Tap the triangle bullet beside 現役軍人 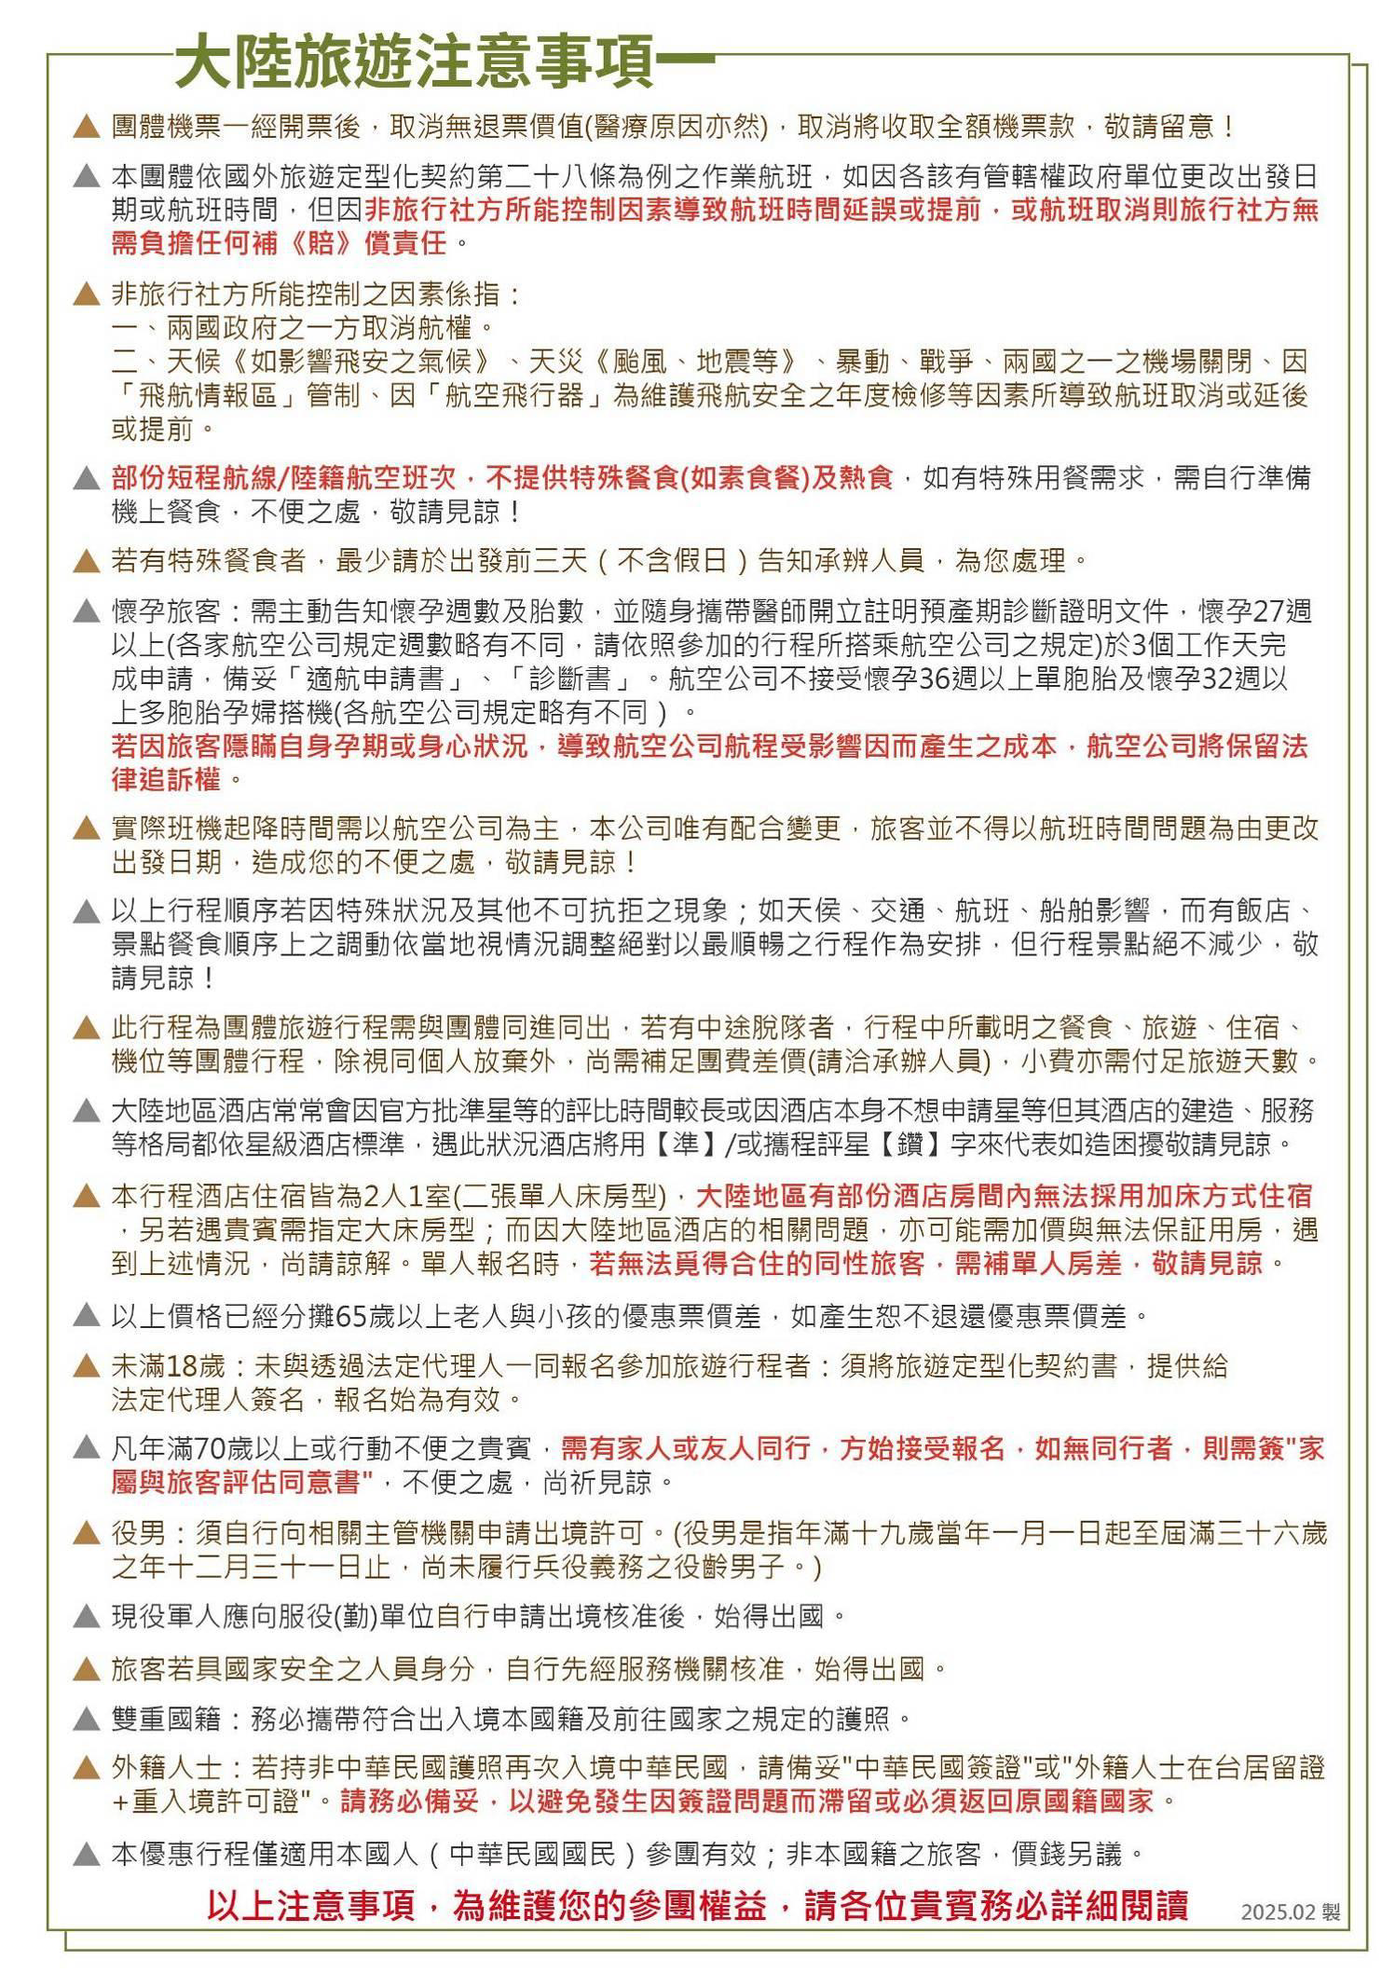point(86,1616)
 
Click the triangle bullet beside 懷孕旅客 point(86,612)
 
